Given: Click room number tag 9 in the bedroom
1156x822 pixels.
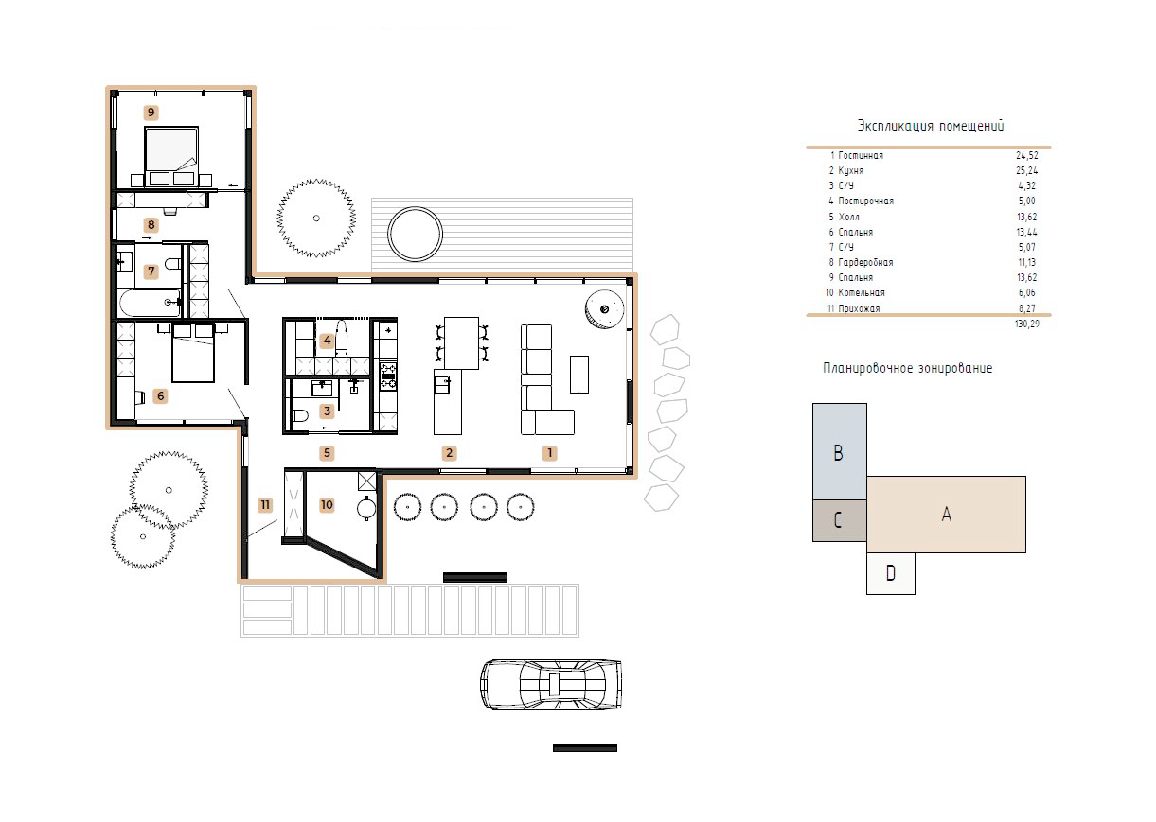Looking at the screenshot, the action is (x=151, y=113).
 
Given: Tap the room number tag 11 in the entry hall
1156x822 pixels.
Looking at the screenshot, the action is (x=265, y=505).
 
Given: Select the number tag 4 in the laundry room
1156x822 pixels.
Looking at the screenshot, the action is (x=327, y=341).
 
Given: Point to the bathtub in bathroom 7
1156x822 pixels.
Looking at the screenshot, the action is (x=150, y=303).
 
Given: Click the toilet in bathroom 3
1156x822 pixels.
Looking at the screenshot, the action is (x=300, y=415).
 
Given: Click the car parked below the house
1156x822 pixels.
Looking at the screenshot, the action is (x=551, y=684).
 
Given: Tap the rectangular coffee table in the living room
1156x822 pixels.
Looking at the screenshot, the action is (x=579, y=375).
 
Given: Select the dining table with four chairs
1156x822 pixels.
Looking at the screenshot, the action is (x=462, y=343).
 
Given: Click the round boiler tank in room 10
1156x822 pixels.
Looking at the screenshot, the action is (x=367, y=509).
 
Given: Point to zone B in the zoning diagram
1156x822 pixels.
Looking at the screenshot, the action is (x=840, y=451).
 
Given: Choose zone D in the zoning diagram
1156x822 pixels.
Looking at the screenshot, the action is (x=891, y=573).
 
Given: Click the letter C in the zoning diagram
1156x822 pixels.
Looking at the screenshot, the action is (x=838, y=520).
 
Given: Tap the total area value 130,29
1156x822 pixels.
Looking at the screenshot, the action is (x=1026, y=324).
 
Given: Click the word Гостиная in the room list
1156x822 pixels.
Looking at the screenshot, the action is (x=861, y=155).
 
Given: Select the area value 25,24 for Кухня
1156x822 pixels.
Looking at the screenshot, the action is (x=1026, y=170).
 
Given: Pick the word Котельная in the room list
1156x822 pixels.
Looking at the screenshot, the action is (x=862, y=293).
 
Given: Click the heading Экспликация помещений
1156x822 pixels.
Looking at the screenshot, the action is (x=931, y=126).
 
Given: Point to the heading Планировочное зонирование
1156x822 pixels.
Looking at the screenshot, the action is (x=907, y=368).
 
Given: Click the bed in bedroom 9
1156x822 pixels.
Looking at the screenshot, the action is (x=171, y=156).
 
